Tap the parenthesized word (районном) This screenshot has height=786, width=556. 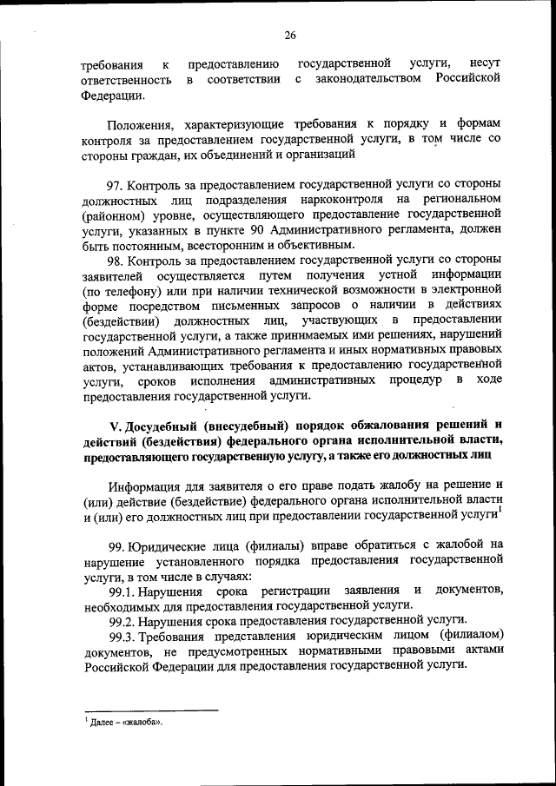[119, 215]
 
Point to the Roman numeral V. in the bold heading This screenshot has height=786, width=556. [115, 425]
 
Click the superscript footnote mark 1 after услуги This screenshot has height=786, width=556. [500, 511]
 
